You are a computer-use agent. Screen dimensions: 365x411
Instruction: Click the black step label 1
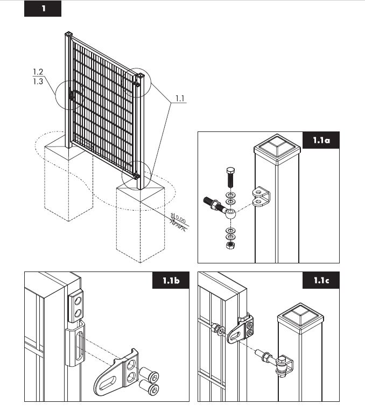tap(43, 9)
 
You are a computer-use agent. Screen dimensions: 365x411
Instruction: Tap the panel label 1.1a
tap(321, 140)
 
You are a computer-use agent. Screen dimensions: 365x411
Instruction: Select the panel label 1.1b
tap(171, 281)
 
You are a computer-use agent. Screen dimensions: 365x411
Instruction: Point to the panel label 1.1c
tap(321, 281)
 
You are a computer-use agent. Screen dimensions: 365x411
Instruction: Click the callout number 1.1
tap(180, 99)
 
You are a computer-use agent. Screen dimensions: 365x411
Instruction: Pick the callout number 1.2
tap(38, 72)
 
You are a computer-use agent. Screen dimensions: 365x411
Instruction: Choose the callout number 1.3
tap(38, 81)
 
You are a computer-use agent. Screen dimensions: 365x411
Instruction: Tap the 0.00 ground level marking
tap(181, 219)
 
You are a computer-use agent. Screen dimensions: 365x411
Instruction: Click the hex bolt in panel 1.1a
tap(230, 177)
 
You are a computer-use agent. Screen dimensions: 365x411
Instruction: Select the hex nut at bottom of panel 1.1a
tap(230, 245)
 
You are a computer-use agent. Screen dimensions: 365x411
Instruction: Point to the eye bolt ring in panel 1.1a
tap(230, 213)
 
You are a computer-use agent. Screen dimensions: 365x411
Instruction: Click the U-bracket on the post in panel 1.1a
tap(261, 197)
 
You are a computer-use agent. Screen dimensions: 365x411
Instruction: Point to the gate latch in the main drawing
tap(72, 95)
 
